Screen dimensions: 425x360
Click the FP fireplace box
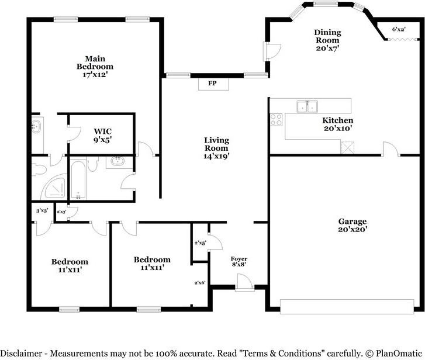pyautogui.click(x=213, y=84)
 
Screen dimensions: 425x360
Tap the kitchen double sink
pyautogui.click(x=307, y=106)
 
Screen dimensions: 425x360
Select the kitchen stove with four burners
pyautogui.click(x=276, y=120)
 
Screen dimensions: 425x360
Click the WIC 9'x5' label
pyautogui.click(x=103, y=136)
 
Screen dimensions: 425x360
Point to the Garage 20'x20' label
pyautogui.click(x=353, y=226)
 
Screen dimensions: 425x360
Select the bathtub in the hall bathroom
pyautogui.click(x=78, y=180)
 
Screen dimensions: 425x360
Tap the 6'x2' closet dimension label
pyautogui.click(x=399, y=29)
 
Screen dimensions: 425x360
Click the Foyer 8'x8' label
pyautogui.click(x=239, y=261)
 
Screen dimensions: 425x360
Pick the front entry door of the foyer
pyautogui.click(x=245, y=283)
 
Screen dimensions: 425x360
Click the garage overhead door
pyautogui.click(x=347, y=307)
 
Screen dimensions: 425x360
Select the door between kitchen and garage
pyautogui.click(x=391, y=149)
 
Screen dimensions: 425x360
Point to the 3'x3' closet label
pyautogui.click(x=42, y=210)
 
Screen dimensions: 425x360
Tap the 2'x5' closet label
pyautogui.click(x=201, y=243)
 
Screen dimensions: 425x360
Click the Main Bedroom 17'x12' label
pyautogui.click(x=95, y=67)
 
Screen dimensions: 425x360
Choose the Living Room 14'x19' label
pyautogui.click(x=216, y=148)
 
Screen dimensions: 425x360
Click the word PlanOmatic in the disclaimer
pyautogui.click(x=399, y=353)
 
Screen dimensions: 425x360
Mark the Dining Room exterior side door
pyautogui.click(x=273, y=51)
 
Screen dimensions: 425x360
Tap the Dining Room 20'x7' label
pyautogui.click(x=327, y=40)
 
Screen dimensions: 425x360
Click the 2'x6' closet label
pyautogui.click(x=200, y=283)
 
